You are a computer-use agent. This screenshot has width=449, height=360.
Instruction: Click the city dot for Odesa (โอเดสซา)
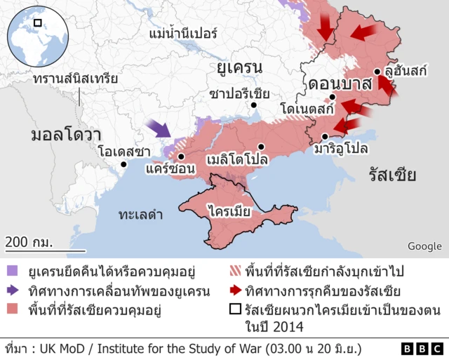(x=123, y=164)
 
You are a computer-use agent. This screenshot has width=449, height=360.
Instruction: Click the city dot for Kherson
(x=181, y=156)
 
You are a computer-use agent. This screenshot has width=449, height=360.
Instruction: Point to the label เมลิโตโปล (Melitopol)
(x=237, y=160)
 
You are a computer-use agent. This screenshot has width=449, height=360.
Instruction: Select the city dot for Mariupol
(x=325, y=137)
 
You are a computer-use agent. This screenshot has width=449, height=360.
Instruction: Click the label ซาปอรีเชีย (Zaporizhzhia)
(x=240, y=93)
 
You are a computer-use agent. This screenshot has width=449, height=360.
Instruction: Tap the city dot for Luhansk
(x=377, y=72)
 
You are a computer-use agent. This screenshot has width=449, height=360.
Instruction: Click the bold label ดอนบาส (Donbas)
(x=339, y=84)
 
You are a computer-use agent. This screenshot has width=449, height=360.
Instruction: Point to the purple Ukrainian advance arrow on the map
(x=160, y=128)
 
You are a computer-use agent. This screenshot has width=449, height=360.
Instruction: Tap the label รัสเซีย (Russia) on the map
(x=392, y=175)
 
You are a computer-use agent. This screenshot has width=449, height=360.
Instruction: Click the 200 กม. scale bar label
(x=29, y=242)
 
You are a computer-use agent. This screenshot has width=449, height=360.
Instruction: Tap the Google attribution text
(x=424, y=246)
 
